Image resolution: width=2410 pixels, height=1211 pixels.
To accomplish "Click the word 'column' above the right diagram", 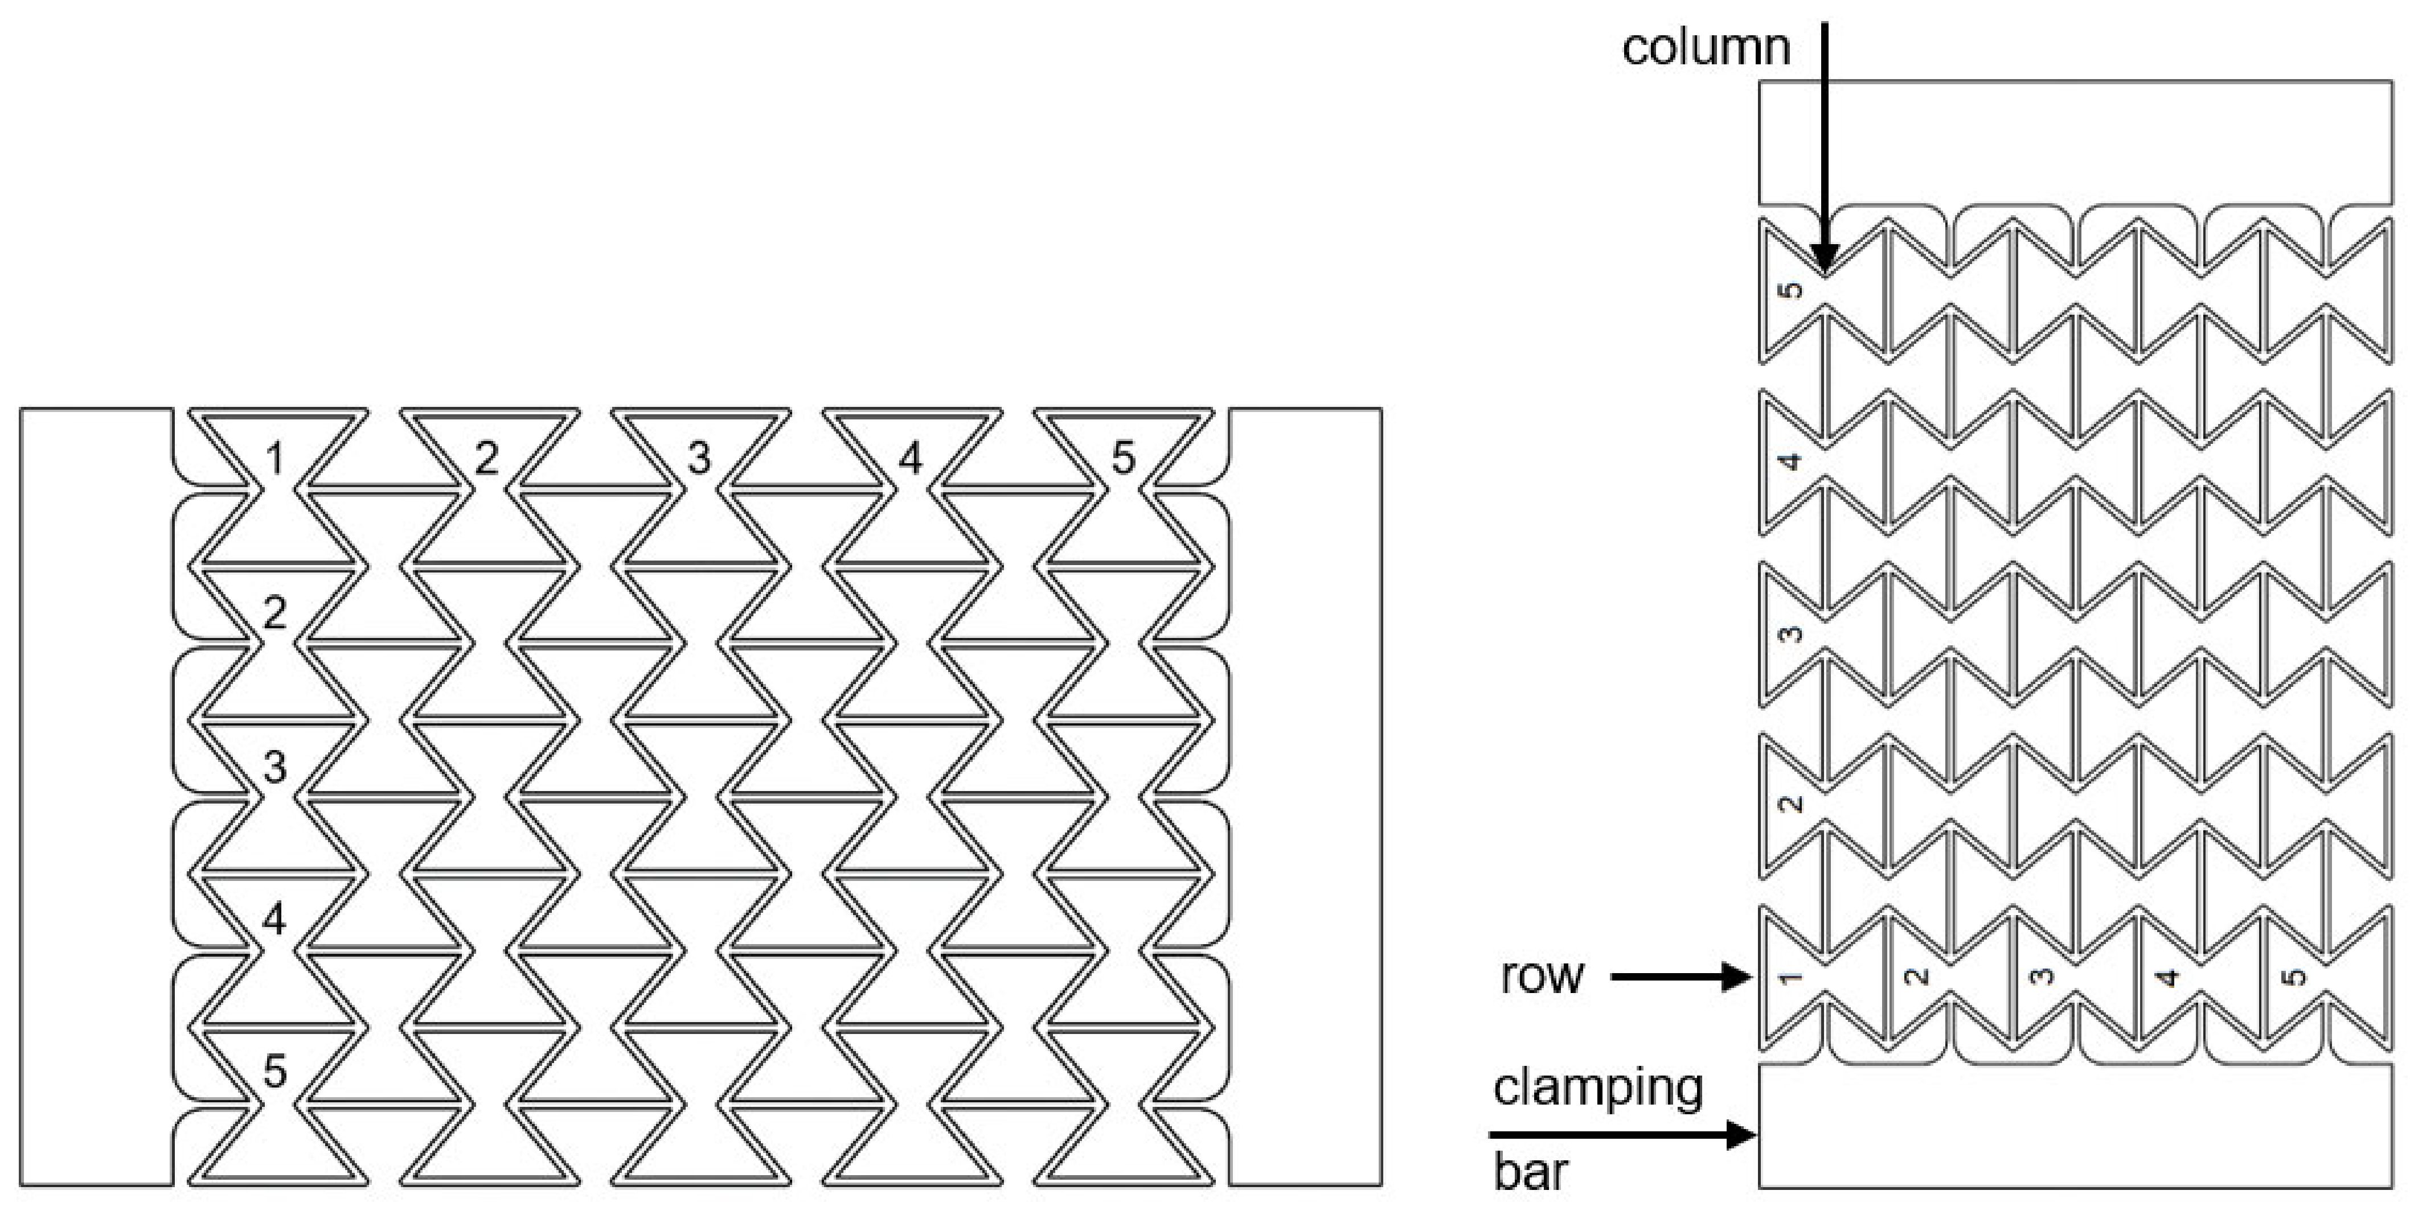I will (x=1706, y=47).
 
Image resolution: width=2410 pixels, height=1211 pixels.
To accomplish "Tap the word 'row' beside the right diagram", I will (x=1542, y=977).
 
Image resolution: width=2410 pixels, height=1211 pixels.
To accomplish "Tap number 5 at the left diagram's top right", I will (x=1122, y=458).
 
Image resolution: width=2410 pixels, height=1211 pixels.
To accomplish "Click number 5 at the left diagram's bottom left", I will (x=274, y=1072).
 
